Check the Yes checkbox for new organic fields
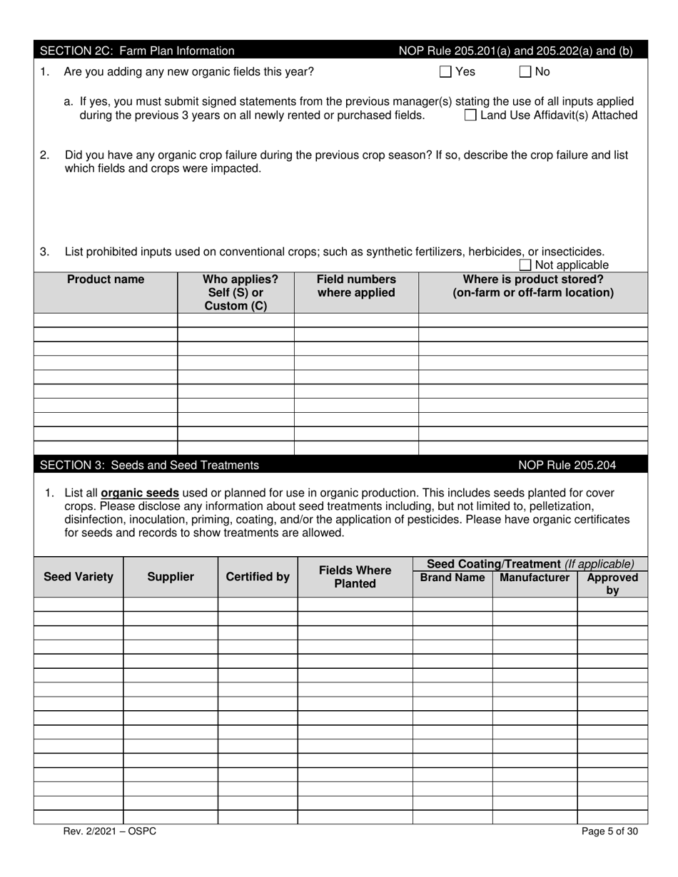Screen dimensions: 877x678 click(x=445, y=71)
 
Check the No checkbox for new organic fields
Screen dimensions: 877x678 click(x=525, y=71)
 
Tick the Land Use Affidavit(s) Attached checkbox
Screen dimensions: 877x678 click(x=470, y=116)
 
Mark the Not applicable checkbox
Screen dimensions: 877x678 click(x=525, y=265)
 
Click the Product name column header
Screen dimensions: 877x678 click(x=106, y=279)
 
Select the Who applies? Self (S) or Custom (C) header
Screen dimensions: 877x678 click(x=236, y=292)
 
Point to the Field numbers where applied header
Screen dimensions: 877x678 click(x=356, y=286)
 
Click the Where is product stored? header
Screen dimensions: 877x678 click(x=533, y=286)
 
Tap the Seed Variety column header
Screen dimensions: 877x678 click(x=79, y=577)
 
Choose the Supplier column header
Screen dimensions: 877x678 click(x=171, y=577)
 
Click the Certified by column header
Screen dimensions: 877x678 click(x=258, y=577)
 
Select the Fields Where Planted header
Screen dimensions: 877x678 click(x=355, y=577)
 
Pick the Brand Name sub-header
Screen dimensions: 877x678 click(x=452, y=578)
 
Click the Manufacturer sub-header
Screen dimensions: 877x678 click(x=535, y=578)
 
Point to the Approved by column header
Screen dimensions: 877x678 click(x=612, y=584)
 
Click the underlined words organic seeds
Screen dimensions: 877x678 click(x=140, y=493)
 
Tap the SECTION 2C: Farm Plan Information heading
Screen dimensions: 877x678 click(x=137, y=51)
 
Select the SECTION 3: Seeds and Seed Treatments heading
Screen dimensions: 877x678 click(x=149, y=465)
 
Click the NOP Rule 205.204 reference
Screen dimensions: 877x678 click(x=567, y=465)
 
